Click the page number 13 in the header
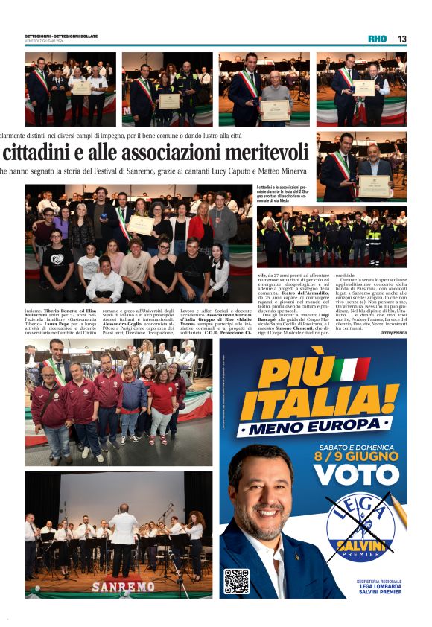pos(402,39)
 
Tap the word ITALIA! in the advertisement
pos(320,404)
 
